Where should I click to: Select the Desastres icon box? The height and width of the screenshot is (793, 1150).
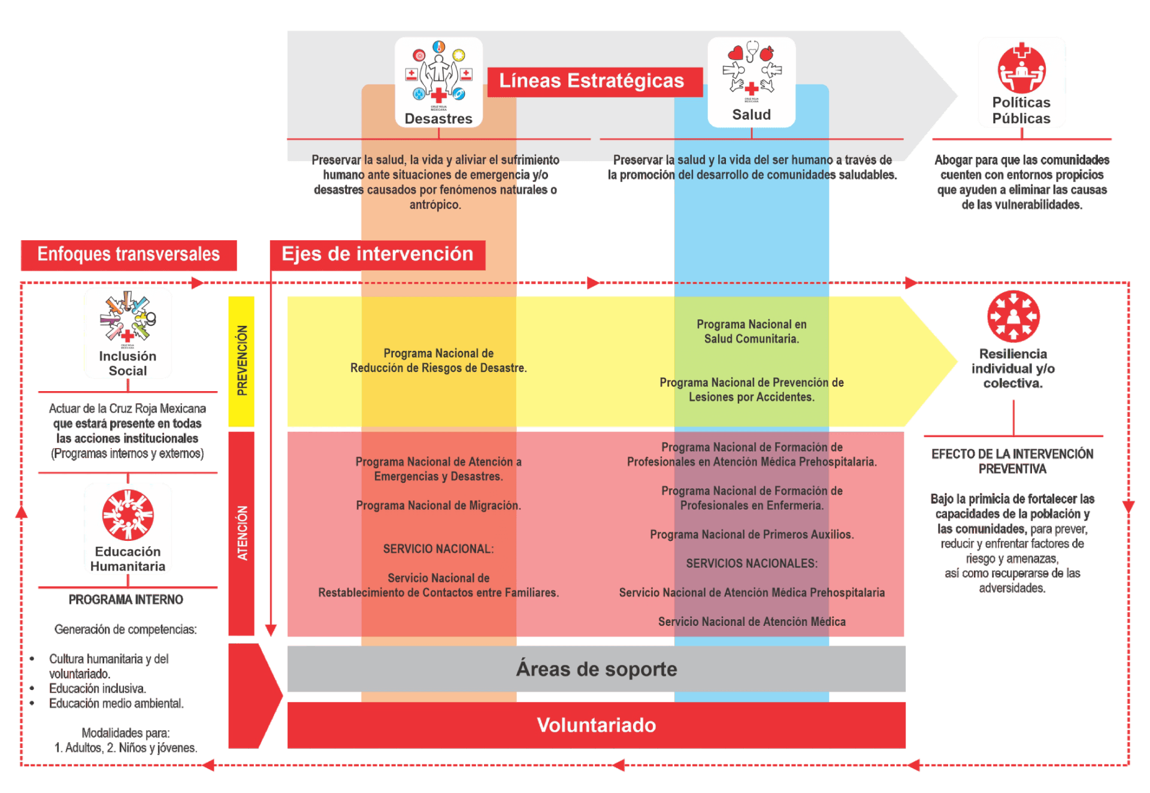click(x=438, y=82)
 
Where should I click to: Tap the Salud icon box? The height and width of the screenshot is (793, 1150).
click(x=751, y=82)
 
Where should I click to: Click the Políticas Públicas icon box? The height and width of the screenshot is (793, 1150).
click(x=1021, y=82)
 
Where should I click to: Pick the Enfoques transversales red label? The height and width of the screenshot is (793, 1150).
click(x=128, y=255)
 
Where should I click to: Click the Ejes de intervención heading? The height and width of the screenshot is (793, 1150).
click(x=377, y=255)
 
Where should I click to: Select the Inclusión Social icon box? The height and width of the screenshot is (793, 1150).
click(x=128, y=333)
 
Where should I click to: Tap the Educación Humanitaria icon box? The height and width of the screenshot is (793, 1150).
click(x=128, y=529)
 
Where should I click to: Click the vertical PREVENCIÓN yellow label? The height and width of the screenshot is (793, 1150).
click(x=241, y=361)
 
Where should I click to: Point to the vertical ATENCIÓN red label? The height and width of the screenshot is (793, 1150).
click(x=241, y=533)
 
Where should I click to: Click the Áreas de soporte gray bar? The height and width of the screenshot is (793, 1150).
click(x=597, y=669)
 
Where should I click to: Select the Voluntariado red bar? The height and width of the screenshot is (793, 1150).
click(x=597, y=725)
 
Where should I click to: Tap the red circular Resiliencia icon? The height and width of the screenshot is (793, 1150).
click(x=1013, y=316)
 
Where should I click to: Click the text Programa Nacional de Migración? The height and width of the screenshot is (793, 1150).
click(x=438, y=506)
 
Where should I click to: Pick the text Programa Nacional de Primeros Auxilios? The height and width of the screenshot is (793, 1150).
click(x=752, y=534)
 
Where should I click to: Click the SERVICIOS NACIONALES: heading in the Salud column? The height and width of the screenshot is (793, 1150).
click(x=752, y=564)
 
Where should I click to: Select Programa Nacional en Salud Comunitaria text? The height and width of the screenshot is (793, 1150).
click(x=751, y=331)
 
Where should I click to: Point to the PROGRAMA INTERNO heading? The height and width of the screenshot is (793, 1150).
click(x=126, y=600)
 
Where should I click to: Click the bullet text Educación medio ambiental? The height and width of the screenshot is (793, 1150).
click(x=116, y=703)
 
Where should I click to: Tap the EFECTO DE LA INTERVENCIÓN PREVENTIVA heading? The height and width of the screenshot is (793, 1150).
click(x=1013, y=462)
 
